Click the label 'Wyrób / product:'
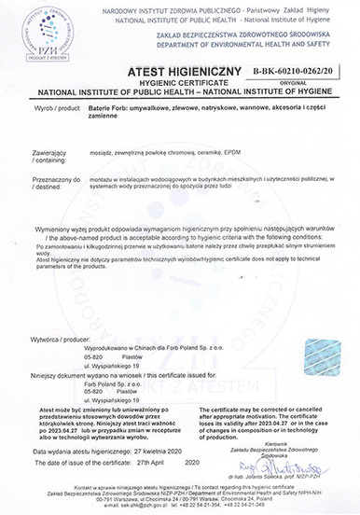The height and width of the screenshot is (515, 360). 58,109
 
